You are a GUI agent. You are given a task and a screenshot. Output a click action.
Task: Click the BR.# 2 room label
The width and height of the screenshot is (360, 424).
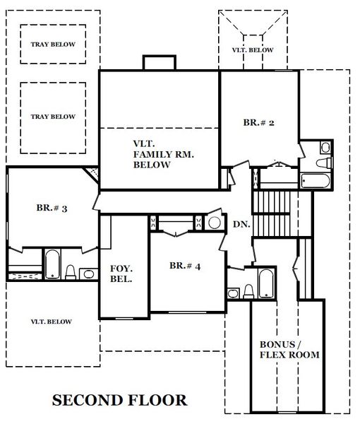click(258, 122)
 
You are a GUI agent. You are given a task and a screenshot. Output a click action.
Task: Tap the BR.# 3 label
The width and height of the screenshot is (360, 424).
click(52, 208)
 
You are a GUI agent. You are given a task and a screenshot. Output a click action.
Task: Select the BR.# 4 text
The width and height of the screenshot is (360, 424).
click(185, 266)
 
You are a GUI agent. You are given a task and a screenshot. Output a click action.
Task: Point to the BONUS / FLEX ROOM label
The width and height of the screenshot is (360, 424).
click(289, 350)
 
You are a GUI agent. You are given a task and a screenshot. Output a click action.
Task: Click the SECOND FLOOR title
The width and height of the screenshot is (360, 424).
click(119, 400)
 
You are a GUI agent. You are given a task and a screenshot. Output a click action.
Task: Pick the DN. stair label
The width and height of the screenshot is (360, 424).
click(241, 224)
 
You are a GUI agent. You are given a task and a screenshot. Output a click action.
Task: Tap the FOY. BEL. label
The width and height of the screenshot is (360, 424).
click(121, 273)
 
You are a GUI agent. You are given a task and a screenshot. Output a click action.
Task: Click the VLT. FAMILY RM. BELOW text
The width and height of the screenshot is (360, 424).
click(164, 154)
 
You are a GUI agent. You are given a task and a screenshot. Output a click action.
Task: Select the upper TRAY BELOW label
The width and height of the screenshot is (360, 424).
click(53, 45)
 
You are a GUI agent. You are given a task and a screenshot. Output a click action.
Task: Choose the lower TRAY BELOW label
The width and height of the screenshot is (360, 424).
click(53, 117)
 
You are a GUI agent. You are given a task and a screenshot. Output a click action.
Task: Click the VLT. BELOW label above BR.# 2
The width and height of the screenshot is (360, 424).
click(253, 50)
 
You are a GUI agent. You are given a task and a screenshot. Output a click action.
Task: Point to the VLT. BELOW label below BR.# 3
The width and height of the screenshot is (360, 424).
click(52, 322)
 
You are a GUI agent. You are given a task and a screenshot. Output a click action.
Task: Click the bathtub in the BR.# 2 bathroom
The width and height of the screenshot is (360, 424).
click(315, 181)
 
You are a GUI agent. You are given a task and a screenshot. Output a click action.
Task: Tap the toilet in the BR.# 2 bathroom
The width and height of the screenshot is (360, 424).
click(324, 163)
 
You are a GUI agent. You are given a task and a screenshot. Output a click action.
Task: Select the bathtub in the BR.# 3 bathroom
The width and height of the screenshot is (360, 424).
click(52, 264)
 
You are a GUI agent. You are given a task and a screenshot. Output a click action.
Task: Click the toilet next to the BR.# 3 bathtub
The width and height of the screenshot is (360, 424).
click(70, 272)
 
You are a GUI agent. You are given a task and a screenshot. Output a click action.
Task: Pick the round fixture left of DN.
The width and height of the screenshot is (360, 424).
click(215, 223)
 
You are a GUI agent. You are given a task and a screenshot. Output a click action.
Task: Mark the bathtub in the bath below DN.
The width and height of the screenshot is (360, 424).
click(266, 283)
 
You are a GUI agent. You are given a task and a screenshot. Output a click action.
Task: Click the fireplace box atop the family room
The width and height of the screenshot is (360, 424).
click(160, 63)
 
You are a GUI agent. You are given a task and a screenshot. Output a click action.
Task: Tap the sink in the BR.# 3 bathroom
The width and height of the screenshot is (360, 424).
click(88, 274)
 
